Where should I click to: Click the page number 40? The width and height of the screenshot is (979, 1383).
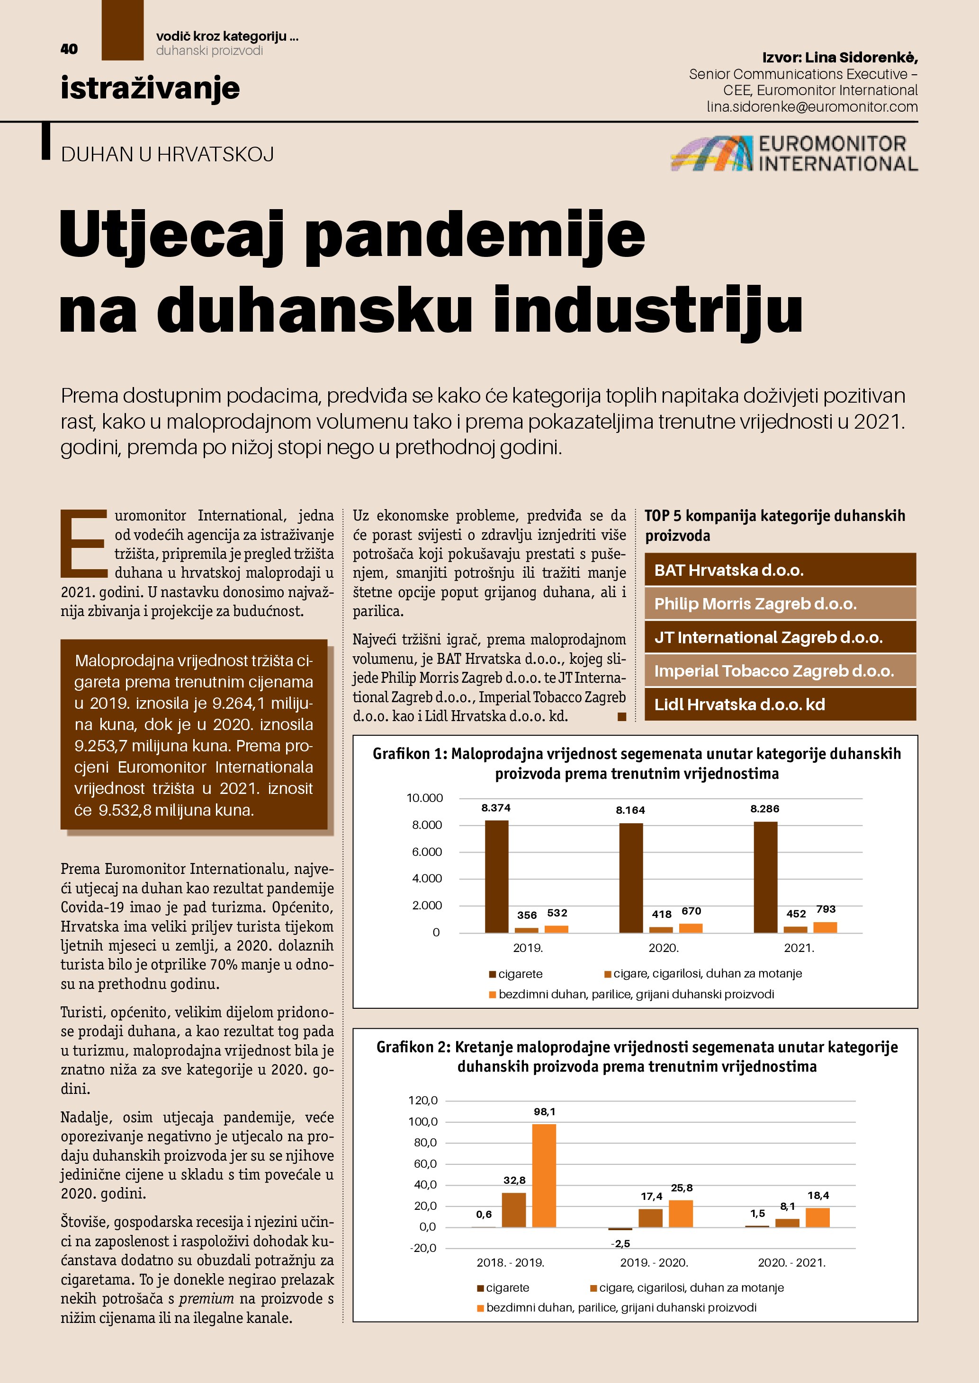69,49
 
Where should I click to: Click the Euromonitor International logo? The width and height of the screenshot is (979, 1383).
794,154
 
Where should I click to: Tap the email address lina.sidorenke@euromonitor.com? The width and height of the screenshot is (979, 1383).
812,106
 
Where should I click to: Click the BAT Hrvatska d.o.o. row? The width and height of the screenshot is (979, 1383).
780,570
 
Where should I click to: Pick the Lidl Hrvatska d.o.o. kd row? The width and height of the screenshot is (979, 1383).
780,704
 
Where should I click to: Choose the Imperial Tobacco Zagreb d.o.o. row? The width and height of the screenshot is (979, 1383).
780,670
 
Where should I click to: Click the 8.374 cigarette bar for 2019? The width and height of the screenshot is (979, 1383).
496,876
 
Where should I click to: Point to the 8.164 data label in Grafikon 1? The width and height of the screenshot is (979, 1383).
630,810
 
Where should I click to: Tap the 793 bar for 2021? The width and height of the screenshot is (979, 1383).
825,927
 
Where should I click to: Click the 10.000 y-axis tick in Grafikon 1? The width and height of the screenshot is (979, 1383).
424,798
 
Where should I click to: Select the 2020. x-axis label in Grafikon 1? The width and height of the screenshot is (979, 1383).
663,948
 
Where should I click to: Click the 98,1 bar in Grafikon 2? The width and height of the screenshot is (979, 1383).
544,1175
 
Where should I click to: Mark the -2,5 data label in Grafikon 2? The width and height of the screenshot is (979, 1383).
620,1243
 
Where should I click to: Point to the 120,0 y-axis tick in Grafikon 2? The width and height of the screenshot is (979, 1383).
422,1101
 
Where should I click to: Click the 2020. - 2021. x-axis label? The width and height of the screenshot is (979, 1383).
791,1262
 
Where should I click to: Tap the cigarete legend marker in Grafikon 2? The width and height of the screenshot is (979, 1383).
480,1288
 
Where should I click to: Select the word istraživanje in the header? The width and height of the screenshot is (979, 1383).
150,88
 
